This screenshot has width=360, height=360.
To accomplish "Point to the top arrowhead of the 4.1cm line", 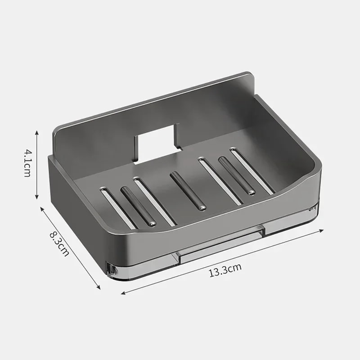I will [x=37, y=132].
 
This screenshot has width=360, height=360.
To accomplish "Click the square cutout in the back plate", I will [x=156, y=143].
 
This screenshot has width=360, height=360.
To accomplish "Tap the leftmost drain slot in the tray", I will [x=117, y=208].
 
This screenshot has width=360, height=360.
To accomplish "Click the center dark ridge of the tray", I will [x=188, y=191].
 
